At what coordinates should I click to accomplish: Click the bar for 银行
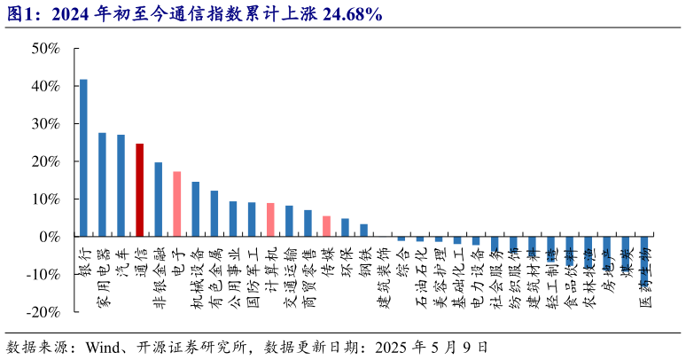tap(83, 158)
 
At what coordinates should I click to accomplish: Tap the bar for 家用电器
tap(102, 184)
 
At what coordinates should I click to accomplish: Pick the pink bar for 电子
tap(176, 204)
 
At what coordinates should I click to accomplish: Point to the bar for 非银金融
tap(158, 200)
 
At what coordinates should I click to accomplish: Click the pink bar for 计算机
tap(270, 220)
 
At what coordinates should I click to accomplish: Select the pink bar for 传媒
tap(326, 226)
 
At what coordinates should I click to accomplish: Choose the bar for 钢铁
tap(363, 231)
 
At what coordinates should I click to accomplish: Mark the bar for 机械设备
tap(195, 209)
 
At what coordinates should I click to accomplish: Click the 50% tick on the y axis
tap(45, 49)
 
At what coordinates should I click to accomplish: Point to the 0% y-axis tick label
tap(49, 238)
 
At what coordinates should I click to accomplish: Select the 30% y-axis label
tap(45, 124)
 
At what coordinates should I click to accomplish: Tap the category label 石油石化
tap(421, 278)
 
